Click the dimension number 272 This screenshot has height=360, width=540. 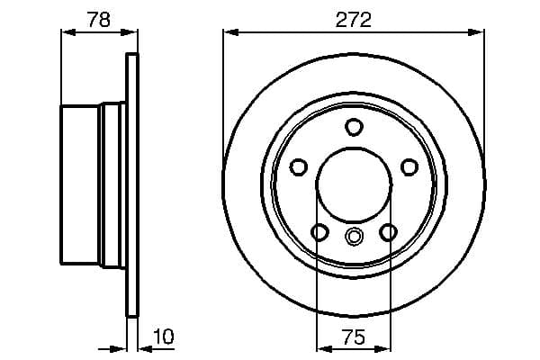pos(354,17)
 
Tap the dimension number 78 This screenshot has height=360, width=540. pos(99,17)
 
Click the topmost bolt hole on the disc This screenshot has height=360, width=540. pos(354,126)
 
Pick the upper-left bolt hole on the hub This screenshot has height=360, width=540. pos(299,166)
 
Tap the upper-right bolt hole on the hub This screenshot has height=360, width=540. pos(409,166)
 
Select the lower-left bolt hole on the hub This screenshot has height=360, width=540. pos(319,233)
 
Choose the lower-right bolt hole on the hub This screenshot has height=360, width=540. pos(388,233)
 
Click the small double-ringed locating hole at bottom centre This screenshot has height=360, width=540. pos(354,238)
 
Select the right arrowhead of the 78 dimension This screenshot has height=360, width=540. pos(134,32)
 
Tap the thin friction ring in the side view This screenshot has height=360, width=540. pos(133,184)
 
